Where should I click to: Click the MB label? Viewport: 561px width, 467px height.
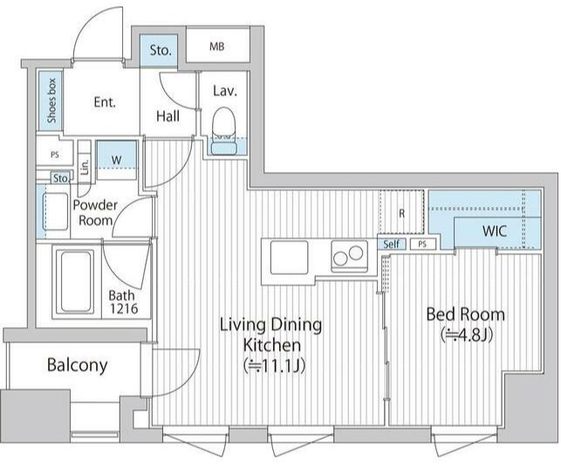tap(217, 46)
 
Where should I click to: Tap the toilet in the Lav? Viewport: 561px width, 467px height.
tap(224, 131)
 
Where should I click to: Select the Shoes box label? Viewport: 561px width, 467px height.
tap(51, 100)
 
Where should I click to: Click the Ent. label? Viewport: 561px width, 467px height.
tap(105, 102)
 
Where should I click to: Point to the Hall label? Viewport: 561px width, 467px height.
tap(168, 116)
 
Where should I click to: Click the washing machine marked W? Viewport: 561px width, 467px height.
tap(117, 160)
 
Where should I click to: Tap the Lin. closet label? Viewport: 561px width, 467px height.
tap(85, 167)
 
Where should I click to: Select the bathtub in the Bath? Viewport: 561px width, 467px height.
tap(75, 282)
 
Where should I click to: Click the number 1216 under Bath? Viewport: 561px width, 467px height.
tap(124, 308)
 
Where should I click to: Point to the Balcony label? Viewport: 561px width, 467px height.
tap(78, 365)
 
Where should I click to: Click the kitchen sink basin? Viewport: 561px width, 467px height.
tap(289, 258)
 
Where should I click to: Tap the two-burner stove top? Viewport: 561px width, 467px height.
tap(349, 256)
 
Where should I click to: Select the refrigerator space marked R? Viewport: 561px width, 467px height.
tap(402, 214)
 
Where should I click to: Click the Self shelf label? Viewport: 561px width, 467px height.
tap(392, 244)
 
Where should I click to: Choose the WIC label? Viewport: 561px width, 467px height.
tap(495, 230)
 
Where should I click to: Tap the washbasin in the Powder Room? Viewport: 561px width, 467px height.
tap(55, 211)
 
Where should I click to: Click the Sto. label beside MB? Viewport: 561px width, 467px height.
tap(161, 51)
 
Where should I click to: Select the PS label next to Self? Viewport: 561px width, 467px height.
tap(422, 244)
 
